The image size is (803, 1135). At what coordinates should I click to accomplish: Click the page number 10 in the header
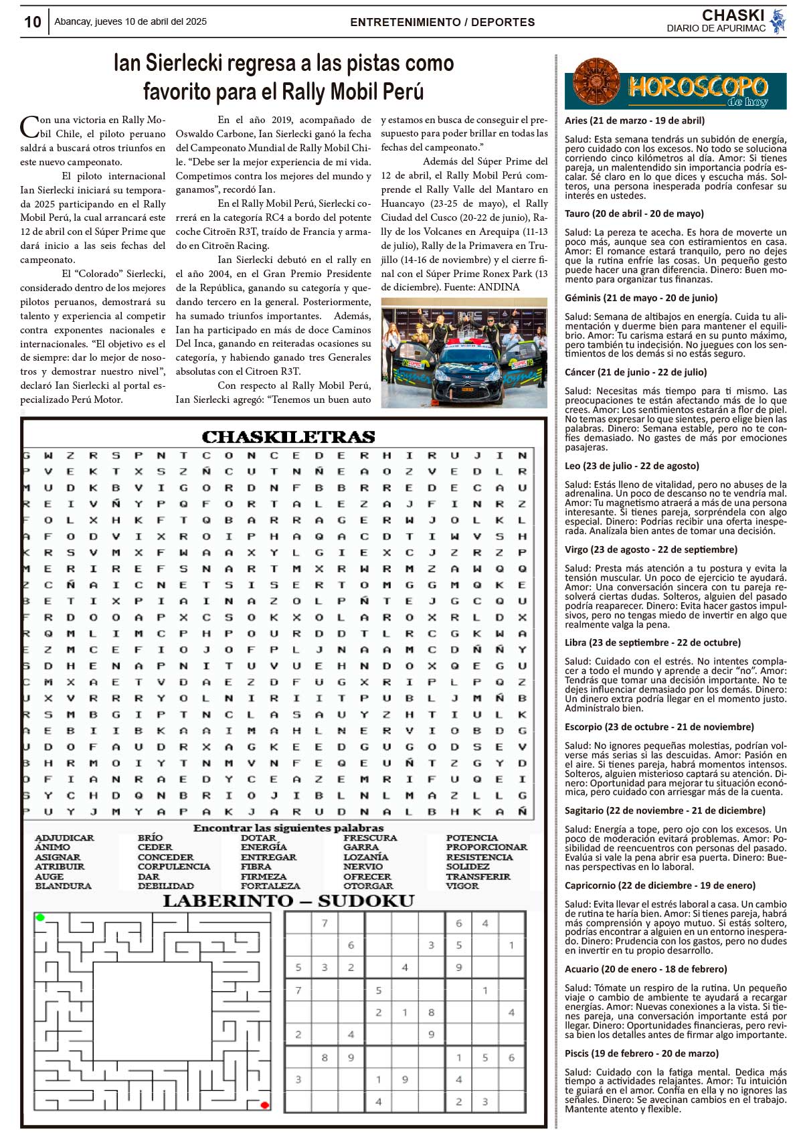32,22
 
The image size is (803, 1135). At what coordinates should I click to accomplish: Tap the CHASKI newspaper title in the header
733,15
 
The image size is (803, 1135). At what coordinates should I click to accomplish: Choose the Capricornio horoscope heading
660,885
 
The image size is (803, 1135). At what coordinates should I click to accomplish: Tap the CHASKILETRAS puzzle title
288,437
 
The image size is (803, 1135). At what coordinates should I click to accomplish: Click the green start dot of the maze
40,917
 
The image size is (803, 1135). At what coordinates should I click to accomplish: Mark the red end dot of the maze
264,1105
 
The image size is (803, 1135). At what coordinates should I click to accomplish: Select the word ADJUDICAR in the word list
64,838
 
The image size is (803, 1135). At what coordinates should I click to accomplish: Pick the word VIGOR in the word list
462,886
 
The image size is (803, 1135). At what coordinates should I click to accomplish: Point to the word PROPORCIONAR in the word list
486,847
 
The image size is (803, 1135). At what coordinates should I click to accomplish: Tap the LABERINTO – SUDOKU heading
288,901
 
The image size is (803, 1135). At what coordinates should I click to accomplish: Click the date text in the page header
130,21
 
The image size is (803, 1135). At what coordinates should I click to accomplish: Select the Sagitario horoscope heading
664,810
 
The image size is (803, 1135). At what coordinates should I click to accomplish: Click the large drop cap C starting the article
29,126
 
